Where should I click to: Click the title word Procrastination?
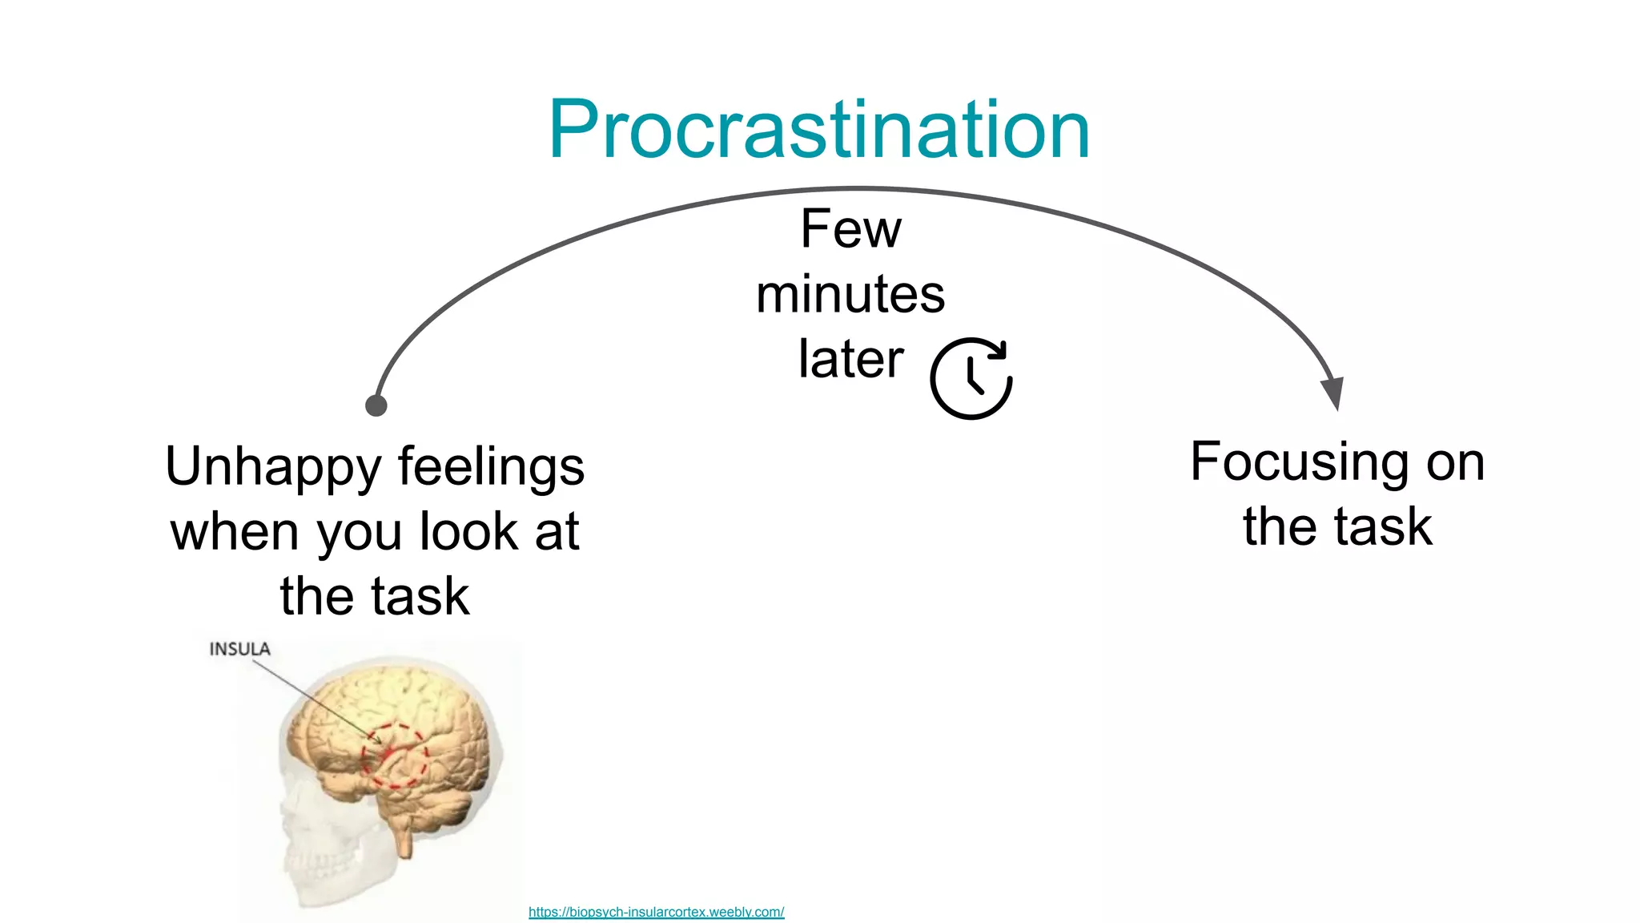pyautogui.click(x=818, y=130)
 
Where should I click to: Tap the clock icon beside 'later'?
pyautogui.click(x=971, y=378)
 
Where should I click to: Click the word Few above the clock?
pyautogui.click(x=850, y=229)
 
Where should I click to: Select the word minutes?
pyautogui.click(x=850, y=294)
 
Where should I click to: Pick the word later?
pyautogui.click(x=850, y=359)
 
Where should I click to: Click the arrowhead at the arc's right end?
pyautogui.click(x=1332, y=393)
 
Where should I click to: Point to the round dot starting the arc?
pyautogui.click(x=376, y=405)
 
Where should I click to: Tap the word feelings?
pyautogui.click(x=491, y=466)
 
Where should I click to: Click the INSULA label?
pyautogui.click(x=239, y=649)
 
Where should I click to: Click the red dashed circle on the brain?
pyautogui.click(x=394, y=756)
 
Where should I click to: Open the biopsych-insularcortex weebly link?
pyautogui.click(x=656, y=912)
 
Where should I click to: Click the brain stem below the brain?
pyautogui.click(x=405, y=837)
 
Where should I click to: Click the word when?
pyautogui.click(x=235, y=532)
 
